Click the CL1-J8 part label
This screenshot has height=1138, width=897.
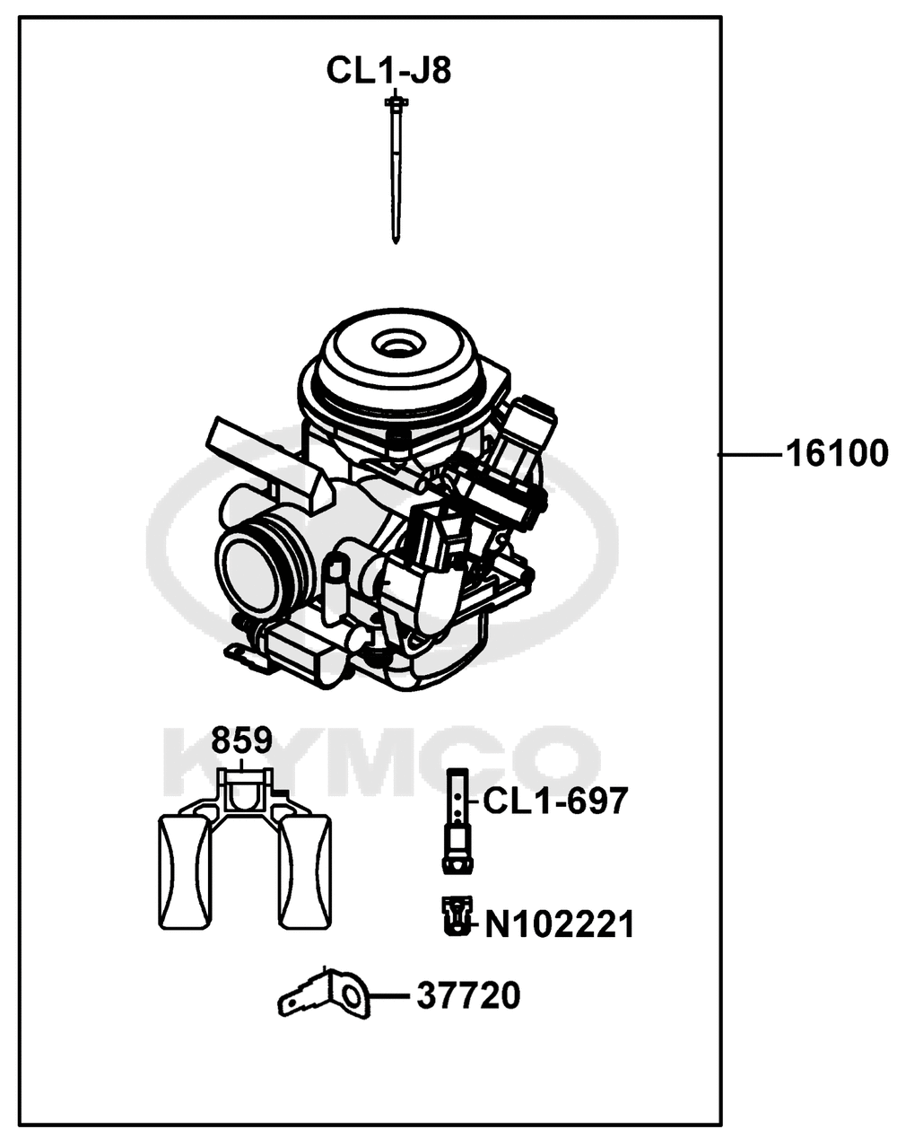click(x=388, y=70)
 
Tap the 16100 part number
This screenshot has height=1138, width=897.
click(x=837, y=454)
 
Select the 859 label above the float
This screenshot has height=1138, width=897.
click(x=241, y=740)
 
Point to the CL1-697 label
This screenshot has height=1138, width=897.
click(x=555, y=801)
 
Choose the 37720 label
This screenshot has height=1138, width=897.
click(x=469, y=996)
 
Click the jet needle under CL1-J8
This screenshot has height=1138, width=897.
click(x=395, y=170)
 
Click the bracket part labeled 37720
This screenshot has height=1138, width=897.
click(x=324, y=997)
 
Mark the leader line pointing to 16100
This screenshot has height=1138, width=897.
click(x=751, y=454)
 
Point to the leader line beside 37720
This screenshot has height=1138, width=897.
click(x=389, y=996)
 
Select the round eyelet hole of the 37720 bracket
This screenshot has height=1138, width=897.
click(x=351, y=997)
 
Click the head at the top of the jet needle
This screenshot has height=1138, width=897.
click(x=395, y=101)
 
